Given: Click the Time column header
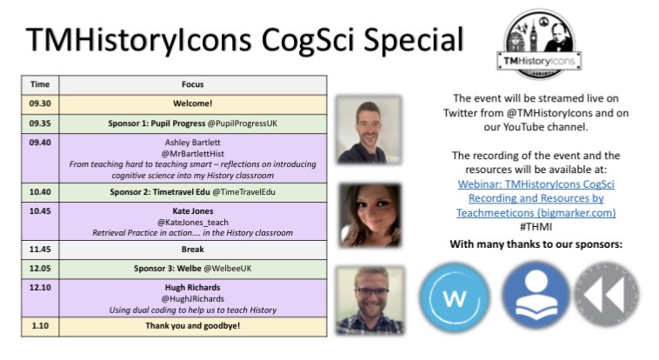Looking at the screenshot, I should (x=41, y=84).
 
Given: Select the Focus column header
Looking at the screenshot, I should (x=193, y=84).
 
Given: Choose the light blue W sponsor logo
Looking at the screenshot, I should (x=454, y=298).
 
